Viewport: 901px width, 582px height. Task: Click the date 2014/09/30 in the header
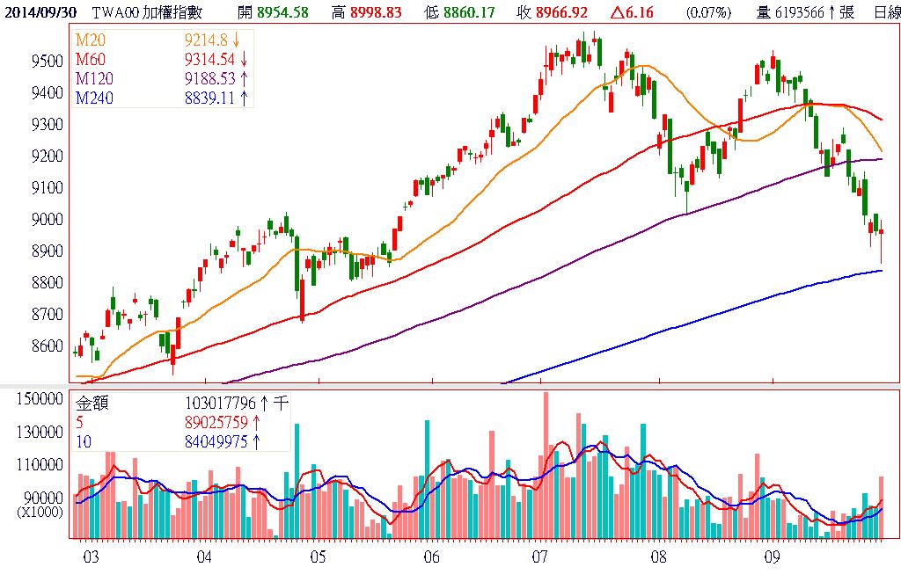pyautogui.click(x=39, y=11)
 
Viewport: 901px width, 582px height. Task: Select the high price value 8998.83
pyautogui.click(x=373, y=11)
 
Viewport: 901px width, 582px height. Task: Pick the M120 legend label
pyautogui.click(x=96, y=78)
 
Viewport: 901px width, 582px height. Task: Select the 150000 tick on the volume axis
pyautogui.click(x=42, y=398)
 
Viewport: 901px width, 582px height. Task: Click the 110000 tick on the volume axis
pyautogui.click(x=42, y=464)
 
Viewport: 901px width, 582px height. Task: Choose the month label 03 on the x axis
pyautogui.click(x=90, y=557)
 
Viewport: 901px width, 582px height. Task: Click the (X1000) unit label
pyautogui.click(x=40, y=511)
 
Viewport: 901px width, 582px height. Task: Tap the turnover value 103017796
pyautogui.click(x=216, y=404)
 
